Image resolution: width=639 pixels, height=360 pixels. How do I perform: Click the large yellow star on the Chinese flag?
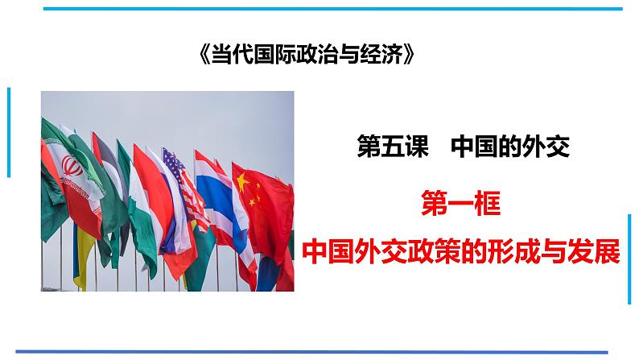tap(241, 178)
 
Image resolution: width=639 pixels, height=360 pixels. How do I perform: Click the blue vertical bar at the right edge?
tap(630, 258)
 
